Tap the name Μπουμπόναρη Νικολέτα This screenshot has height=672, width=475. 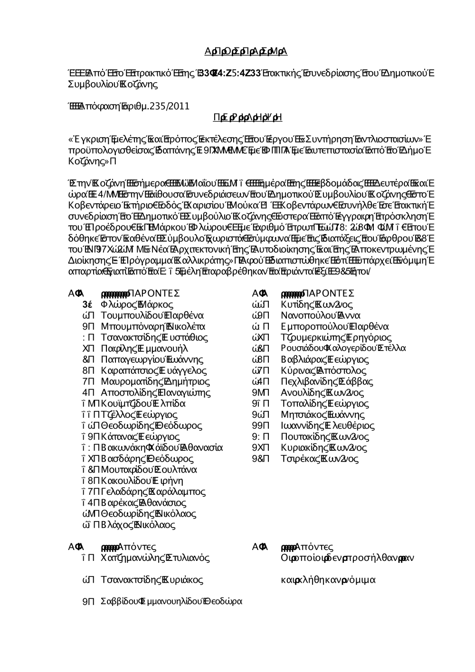click(x=153, y=327)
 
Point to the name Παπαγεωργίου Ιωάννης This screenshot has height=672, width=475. click(x=152, y=360)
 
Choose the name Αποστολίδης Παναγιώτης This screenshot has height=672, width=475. click(x=156, y=393)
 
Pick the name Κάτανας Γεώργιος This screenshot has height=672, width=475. click(x=141, y=436)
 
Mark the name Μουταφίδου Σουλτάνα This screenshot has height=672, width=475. click(x=149, y=470)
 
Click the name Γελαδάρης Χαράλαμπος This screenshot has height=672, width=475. click(x=153, y=492)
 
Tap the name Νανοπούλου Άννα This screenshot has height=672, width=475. click(x=321, y=316)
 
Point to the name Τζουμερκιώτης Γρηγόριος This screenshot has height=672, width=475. click(x=336, y=338)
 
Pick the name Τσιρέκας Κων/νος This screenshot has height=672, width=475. click(x=320, y=459)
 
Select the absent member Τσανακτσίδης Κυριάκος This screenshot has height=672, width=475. click(x=152, y=580)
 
